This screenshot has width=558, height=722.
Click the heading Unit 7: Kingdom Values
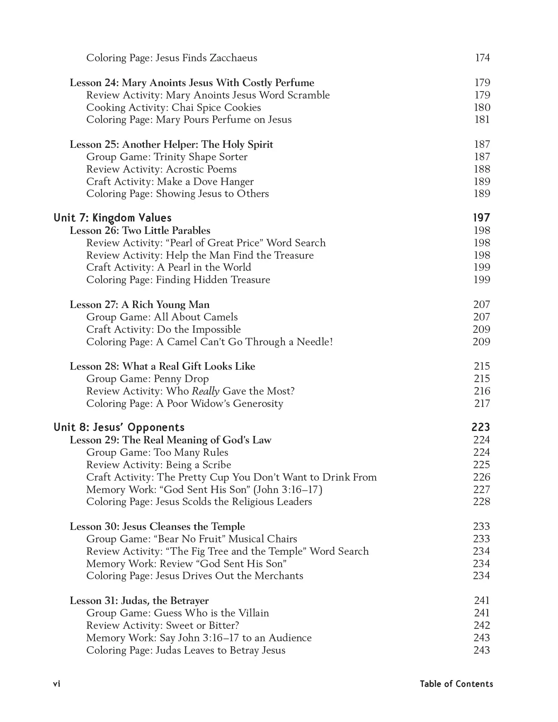pos(112,218)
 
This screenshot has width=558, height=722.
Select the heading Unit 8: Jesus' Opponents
pos(119,428)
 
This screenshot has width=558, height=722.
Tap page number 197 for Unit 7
pos(481,218)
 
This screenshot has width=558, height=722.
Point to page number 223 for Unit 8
pos(480,428)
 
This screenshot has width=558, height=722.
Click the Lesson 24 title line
pos(192,83)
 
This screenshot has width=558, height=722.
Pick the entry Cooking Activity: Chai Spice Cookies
pos(173,108)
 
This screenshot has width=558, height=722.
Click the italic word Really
pos(205,391)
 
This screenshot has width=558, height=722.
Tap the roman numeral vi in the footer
pos(57,684)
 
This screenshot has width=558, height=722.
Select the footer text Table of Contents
pos(456,684)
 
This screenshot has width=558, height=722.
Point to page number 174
pos(482,58)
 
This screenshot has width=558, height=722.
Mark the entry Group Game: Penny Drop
pos(147,379)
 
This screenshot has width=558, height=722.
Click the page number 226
pos(481,477)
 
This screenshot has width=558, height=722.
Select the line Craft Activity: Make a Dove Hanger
pos(170,182)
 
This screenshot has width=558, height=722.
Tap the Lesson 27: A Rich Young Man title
pos(139,305)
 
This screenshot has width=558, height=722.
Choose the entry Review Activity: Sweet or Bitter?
pos(163,626)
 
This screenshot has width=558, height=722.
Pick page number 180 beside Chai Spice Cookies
pos(482,108)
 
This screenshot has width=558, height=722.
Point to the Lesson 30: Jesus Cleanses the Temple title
pos(157,527)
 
